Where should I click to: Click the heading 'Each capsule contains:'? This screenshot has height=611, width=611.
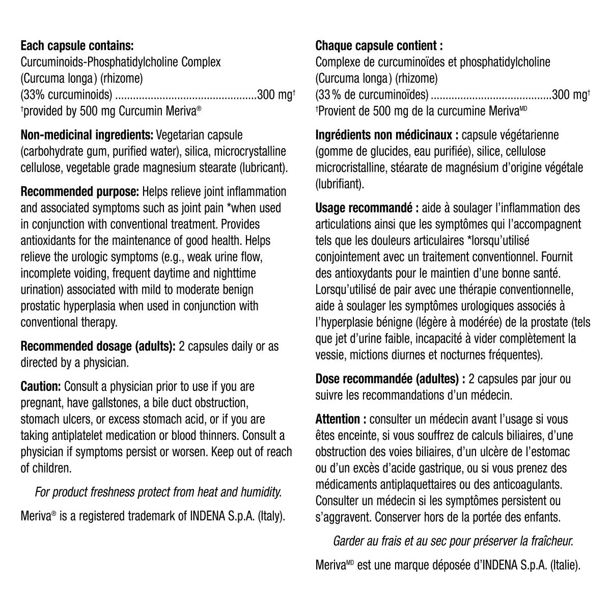click(x=77, y=46)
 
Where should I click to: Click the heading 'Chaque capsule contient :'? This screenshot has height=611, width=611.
click(x=379, y=46)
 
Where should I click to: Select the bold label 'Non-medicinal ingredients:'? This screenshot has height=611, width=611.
click(x=87, y=135)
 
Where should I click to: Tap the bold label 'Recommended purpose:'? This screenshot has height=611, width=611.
click(x=80, y=192)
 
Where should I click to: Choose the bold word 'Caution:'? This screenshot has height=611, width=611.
click(x=41, y=387)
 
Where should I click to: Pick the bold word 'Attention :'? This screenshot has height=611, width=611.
click(x=341, y=419)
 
